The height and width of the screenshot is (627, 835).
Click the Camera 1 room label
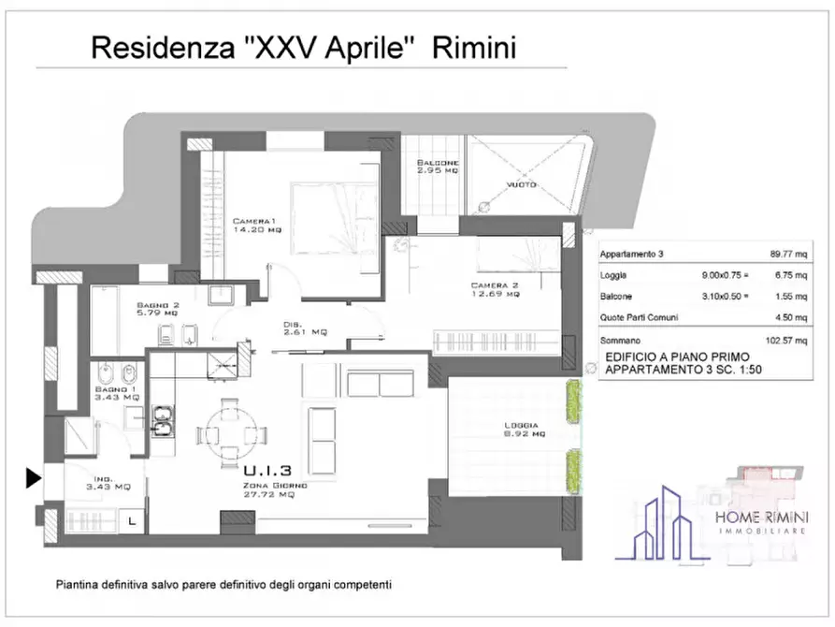256,225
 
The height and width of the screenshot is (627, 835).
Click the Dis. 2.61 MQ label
305,328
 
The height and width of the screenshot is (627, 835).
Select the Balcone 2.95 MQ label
437,167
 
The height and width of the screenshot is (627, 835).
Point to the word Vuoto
521,184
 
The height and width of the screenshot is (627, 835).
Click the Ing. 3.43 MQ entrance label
102,483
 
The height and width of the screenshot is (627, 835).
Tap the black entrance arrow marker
33,478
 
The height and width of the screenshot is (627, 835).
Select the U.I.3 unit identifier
268,471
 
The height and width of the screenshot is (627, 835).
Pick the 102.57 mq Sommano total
785,340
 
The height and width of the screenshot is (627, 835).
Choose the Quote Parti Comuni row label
639,317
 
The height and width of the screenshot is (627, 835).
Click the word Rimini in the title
473,48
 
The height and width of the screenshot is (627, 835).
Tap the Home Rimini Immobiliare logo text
762,519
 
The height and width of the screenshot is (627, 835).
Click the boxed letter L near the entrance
131,520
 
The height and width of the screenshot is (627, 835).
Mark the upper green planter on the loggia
573,401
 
